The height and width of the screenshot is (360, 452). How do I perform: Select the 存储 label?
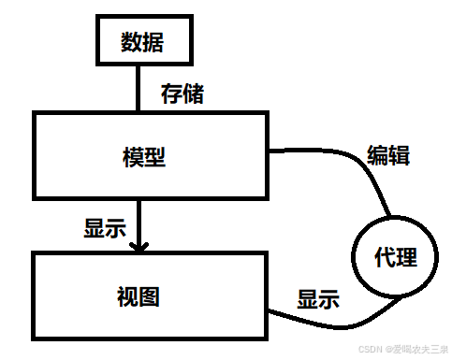pos(182,94)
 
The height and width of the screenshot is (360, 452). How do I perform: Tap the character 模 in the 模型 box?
pos(133,156)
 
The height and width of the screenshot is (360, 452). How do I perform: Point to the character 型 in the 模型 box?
pos(155,156)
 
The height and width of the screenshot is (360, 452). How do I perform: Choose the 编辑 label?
pos(387,154)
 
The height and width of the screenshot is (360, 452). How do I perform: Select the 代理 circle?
pos(394,256)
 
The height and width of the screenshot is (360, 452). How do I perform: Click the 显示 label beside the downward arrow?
pos(106,228)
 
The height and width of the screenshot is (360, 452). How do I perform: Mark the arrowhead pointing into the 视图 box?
pos(139,247)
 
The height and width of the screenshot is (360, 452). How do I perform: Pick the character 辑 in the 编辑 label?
pos(398,154)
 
